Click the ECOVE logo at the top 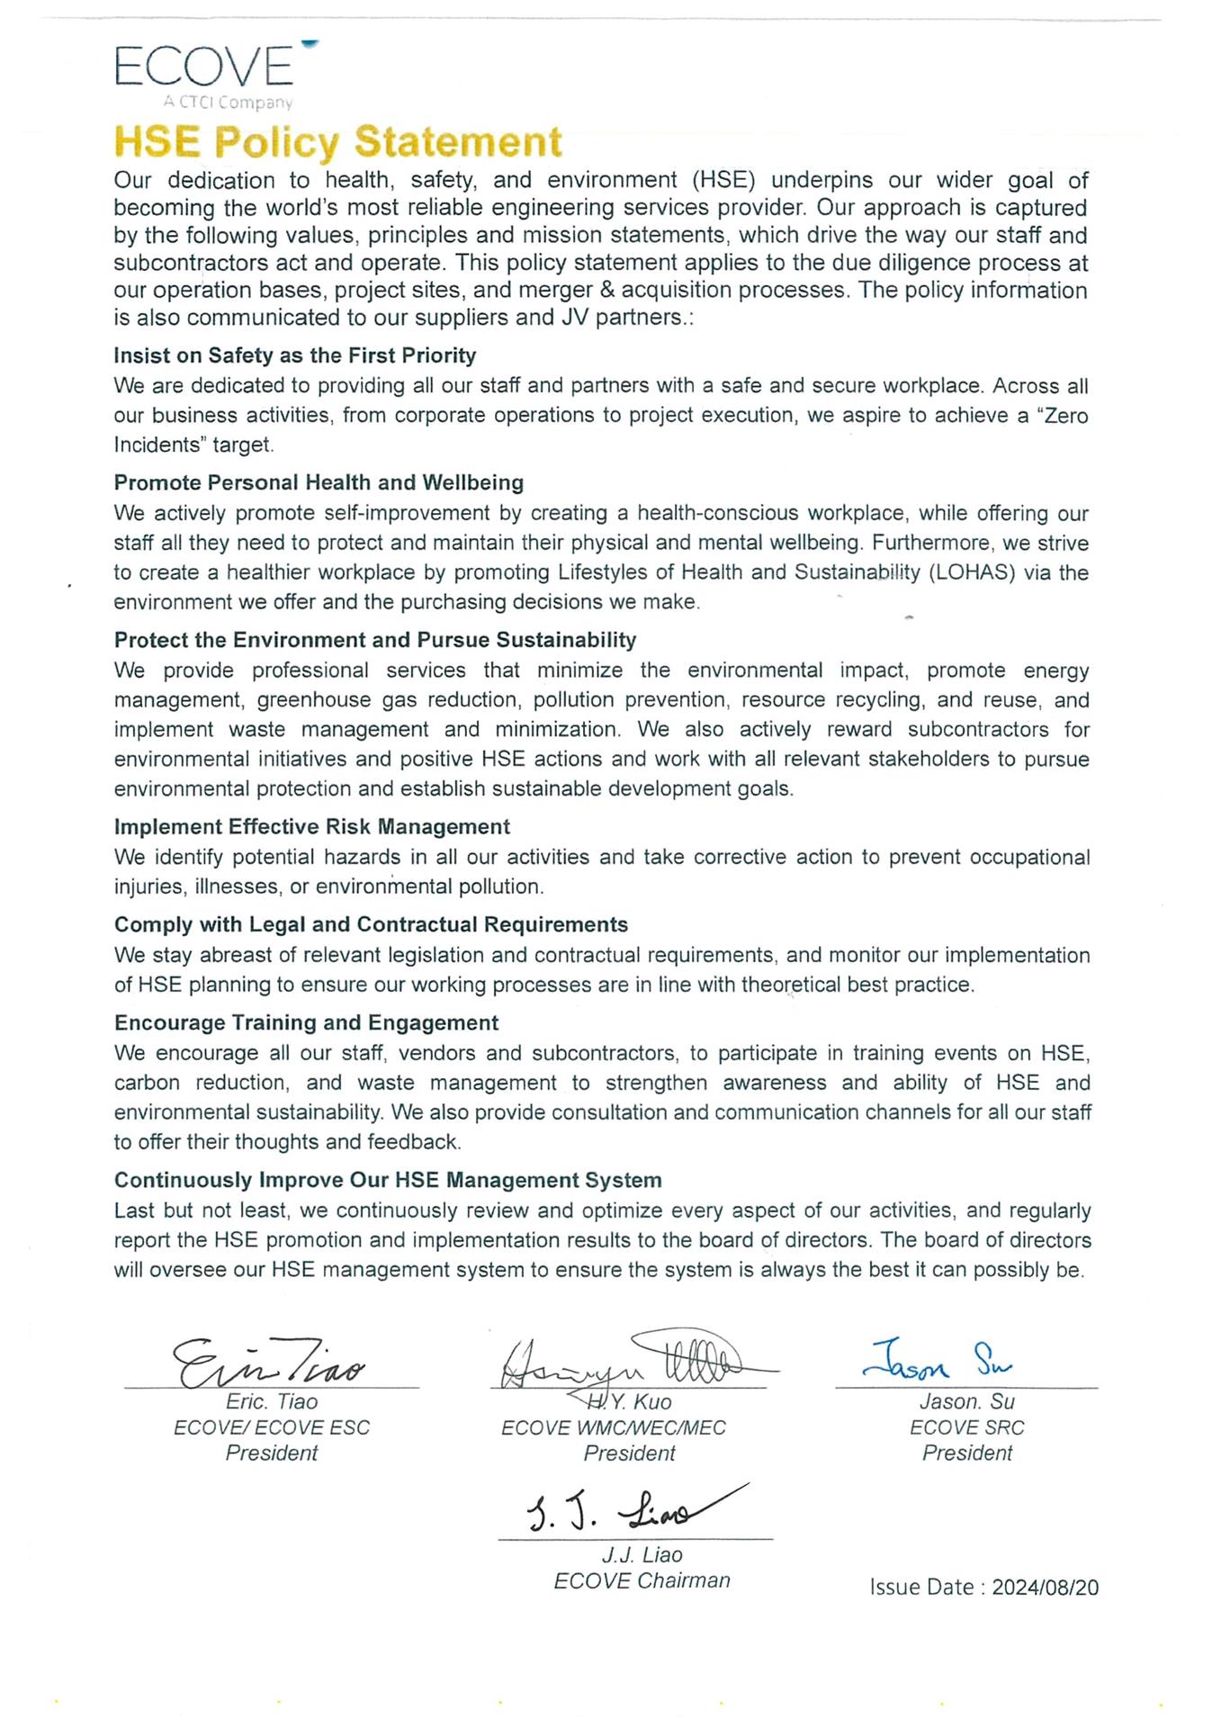(x=205, y=66)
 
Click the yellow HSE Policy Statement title (x=338, y=142)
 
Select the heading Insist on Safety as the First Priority (x=294, y=355)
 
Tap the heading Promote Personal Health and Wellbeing (x=319, y=482)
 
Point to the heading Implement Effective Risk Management (x=311, y=826)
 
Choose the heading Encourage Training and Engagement (x=306, y=1022)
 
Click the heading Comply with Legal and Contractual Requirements (x=371, y=924)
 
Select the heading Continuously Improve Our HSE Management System (x=388, y=1180)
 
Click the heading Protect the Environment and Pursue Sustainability (x=375, y=640)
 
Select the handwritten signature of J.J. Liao (x=630, y=1512)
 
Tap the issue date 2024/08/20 (x=1045, y=1587)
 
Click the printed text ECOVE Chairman (x=642, y=1580)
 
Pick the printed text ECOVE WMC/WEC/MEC (x=613, y=1427)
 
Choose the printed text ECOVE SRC (x=966, y=1427)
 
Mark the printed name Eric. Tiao (x=272, y=1401)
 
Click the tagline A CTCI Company (x=228, y=103)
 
